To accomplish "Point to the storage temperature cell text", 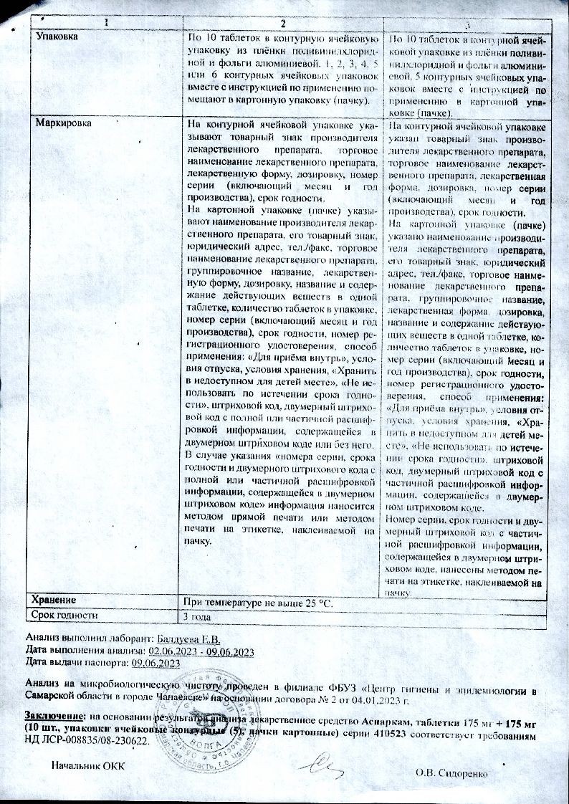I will click(258, 600).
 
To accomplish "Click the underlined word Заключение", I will click(54, 715).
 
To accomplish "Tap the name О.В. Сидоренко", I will click(451, 773).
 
